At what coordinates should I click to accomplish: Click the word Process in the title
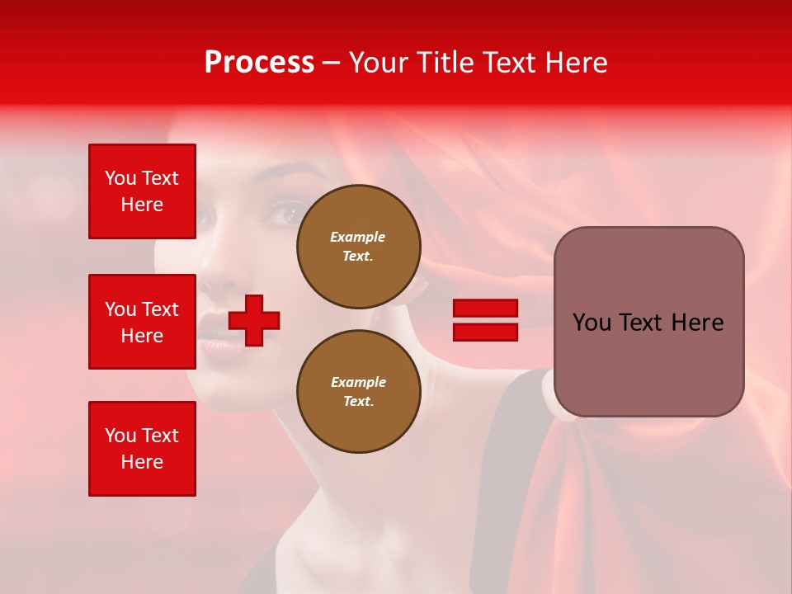(259, 62)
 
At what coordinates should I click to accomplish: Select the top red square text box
(142, 191)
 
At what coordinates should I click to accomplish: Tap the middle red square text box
(142, 322)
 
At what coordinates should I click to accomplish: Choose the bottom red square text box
(142, 448)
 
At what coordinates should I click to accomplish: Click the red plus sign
(254, 320)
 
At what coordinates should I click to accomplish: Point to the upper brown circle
(358, 247)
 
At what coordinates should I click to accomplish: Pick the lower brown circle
(358, 391)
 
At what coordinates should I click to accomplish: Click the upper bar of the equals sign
(485, 309)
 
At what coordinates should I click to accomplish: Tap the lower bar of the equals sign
(485, 332)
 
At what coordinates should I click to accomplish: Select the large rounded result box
(648, 322)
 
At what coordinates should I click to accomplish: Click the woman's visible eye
(285, 214)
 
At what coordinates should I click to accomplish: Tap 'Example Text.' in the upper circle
(358, 247)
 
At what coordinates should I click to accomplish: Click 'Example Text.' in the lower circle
(358, 391)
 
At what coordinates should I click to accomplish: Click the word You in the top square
(120, 178)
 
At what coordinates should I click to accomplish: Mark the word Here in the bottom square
(142, 462)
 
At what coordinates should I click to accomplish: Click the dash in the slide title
(331, 63)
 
